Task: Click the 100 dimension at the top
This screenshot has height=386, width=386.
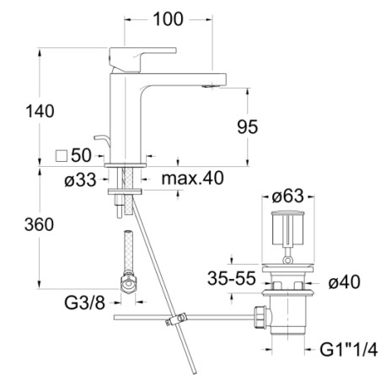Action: point(168,19)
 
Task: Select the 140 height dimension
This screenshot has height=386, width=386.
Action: point(40,111)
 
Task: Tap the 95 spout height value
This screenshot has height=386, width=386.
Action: point(248,126)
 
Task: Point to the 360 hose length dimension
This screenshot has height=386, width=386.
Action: point(39,225)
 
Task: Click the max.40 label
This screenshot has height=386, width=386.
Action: point(193,178)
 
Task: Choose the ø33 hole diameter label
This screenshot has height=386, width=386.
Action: point(80,180)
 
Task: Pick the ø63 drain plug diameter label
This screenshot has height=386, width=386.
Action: point(288,196)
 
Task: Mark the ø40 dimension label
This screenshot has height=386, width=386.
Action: point(345,281)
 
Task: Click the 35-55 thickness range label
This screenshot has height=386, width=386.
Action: point(232,278)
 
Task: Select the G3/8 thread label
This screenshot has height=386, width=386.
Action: point(85,303)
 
